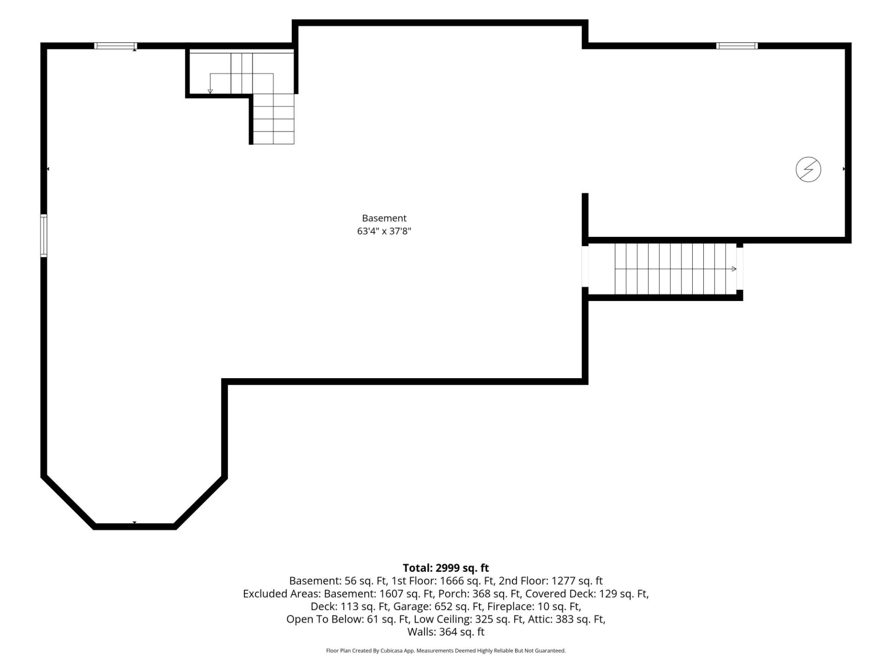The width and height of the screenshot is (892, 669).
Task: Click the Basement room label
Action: click(x=384, y=218)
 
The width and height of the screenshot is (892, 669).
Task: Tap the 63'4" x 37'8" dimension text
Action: click(x=384, y=231)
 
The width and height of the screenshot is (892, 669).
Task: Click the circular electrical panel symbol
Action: click(x=808, y=169)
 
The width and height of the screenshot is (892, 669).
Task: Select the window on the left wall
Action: click(x=44, y=236)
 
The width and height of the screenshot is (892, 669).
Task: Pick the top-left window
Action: click(x=116, y=46)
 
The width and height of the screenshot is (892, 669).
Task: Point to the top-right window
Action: click(x=737, y=46)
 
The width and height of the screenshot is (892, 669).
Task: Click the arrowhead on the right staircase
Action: click(x=734, y=269)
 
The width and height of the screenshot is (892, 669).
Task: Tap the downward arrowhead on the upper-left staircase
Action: click(x=210, y=91)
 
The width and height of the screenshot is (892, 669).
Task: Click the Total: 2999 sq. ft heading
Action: click(x=446, y=568)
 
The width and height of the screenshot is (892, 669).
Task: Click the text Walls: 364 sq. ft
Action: click(x=446, y=632)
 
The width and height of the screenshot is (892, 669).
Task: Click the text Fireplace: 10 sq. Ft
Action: click(x=534, y=606)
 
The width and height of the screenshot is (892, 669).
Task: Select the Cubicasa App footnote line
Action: click(x=446, y=651)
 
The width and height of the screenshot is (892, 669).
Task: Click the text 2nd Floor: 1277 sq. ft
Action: click(x=551, y=581)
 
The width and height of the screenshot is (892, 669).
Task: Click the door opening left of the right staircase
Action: click(x=585, y=266)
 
